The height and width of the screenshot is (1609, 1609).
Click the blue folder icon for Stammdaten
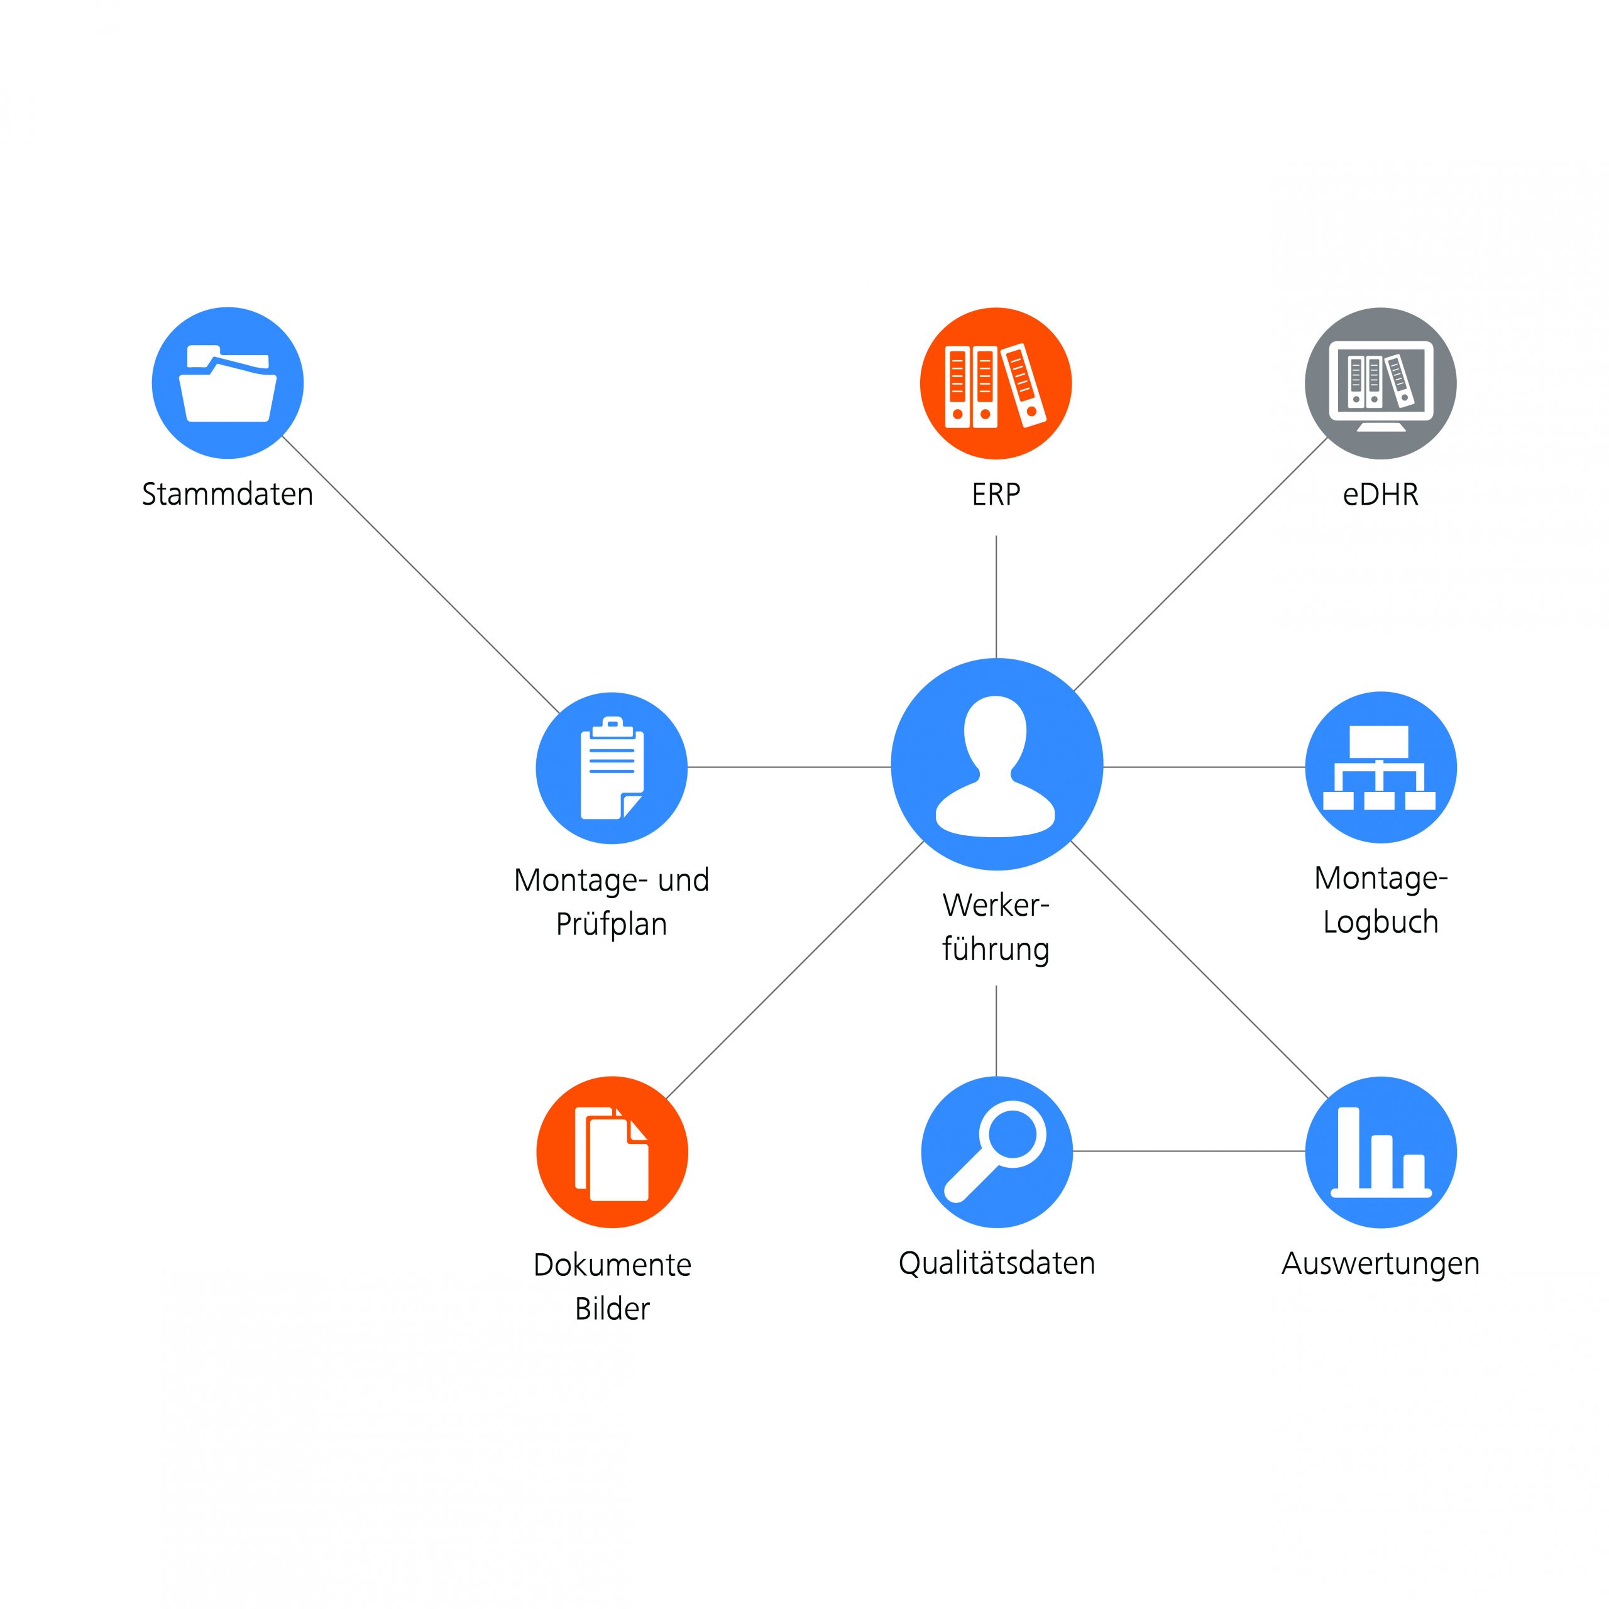click(x=228, y=383)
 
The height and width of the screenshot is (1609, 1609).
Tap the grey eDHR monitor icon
click(x=1380, y=383)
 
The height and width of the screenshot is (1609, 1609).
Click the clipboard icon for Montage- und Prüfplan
click(x=612, y=768)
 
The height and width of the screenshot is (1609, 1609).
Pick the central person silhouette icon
click(x=996, y=764)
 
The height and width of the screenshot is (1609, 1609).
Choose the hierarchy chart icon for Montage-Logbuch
click(x=1380, y=767)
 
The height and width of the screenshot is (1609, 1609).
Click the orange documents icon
click(x=612, y=1152)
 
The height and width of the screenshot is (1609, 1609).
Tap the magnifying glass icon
click(x=996, y=1152)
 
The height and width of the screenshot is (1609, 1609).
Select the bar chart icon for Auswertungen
click(x=1380, y=1152)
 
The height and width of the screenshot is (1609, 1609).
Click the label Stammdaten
click(x=228, y=494)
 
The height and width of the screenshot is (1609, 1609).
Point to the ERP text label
click(x=996, y=495)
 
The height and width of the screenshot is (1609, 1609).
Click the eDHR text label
click(x=1380, y=495)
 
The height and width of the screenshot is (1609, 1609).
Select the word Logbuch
click(x=1380, y=923)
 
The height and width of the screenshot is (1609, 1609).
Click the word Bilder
click(x=612, y=1309)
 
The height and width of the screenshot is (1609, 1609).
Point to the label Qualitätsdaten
click(x=996, y=1263)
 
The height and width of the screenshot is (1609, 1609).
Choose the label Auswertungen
click(x=1380, y=1264)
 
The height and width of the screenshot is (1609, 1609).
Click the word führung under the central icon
click(x=996, y=948)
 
